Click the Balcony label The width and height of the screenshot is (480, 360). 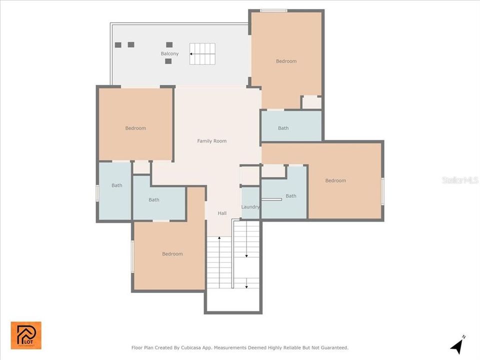coord(169,53)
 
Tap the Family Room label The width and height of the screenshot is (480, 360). coord(211,141)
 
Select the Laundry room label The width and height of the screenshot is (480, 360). coord(250,206)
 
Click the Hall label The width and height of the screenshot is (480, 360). coord(222,213)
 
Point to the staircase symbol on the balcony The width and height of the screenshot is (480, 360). coord(202,53)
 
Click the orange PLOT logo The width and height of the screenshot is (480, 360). coord(26,335)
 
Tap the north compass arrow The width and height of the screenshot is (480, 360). coord(457,345)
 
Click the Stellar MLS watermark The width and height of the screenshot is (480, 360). coord(460,179)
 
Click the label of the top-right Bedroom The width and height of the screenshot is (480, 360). coord(286,61)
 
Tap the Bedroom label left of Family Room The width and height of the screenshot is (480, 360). coord(135,128)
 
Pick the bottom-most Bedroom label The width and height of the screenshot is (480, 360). coord(172,254)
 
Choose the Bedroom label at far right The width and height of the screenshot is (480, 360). coord(335,180)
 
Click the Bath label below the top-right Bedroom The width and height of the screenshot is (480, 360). coord(283,128)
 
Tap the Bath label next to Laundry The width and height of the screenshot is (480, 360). coord(291,196)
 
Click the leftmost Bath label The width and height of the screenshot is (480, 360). coord(116,185)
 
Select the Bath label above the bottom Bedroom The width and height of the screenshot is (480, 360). coord(154,200)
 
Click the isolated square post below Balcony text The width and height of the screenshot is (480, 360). coord(168,61)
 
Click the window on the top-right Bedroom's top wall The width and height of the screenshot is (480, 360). coord(273,10)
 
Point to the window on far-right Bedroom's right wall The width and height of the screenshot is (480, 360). coord(382,191)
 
